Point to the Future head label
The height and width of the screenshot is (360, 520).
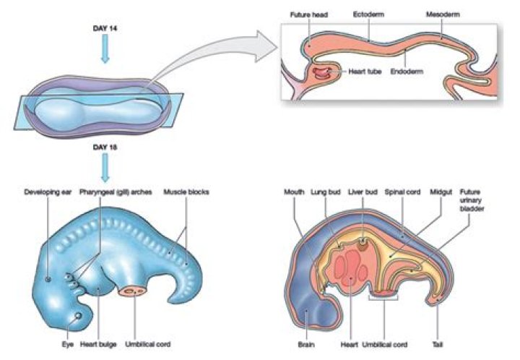point(309,14)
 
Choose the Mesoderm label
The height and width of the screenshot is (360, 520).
point(442,14)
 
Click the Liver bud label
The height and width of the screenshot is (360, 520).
point(362,192)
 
